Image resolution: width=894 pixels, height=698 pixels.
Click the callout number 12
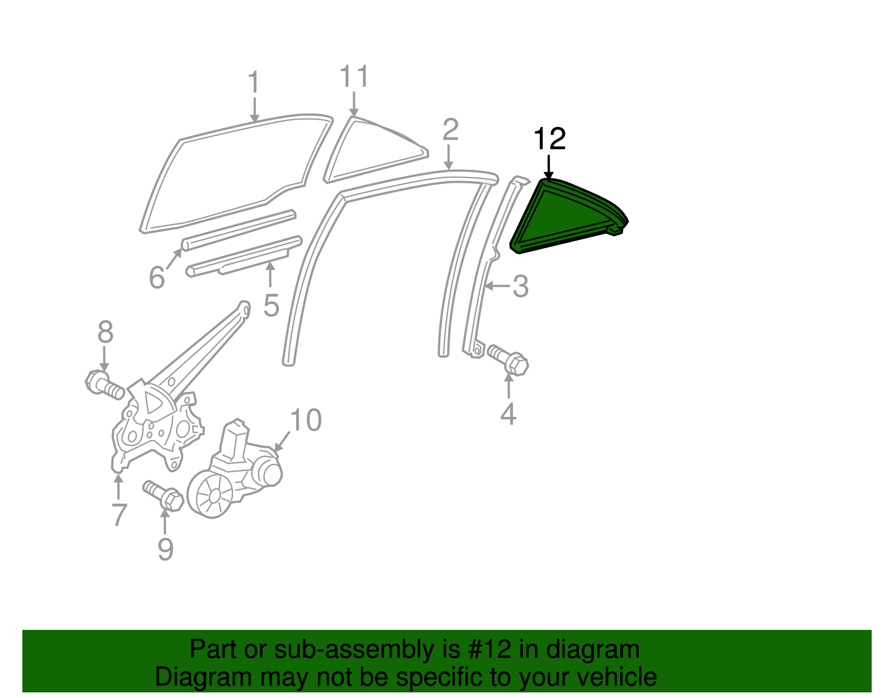tap(550, 139)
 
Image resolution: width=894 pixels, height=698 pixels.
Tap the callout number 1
tap(254, 83)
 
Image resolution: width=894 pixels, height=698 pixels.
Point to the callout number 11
tap(354, 77)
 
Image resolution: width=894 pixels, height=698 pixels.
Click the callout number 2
tap(450, 130)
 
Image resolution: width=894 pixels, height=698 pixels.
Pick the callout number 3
tap(520, 286)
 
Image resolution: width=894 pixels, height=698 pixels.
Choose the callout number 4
tap(508, 414)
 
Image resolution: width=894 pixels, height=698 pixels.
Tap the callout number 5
tap(271, 306)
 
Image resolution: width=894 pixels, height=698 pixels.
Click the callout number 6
tap(157, 277)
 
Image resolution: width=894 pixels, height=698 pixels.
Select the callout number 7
tap(119, 515)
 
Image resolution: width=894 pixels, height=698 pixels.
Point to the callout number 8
tap(105, 333)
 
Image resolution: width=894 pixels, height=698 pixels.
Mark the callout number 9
tap(165, 549)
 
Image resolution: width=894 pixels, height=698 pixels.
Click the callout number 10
tap(306, 420)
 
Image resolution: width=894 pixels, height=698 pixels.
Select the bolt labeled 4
tap(508, 359)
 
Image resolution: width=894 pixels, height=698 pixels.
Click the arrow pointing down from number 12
tap(549, 167)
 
